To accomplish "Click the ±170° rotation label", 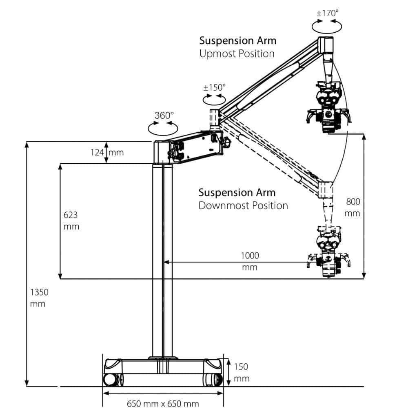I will tap(328, 13).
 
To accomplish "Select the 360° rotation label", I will tap(164, 115).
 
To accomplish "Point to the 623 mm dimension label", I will tap(71, 220).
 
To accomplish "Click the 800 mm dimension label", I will tap(353, 207).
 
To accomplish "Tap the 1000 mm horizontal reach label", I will tap(250, 261).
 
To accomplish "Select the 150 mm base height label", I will tap(241, 372).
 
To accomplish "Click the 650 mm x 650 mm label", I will tap(163, 404).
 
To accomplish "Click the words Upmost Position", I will tap(237, 53).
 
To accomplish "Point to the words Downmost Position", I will tap(243, 205).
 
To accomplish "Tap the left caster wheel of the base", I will tap(111, 379).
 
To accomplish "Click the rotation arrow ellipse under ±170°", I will tap(327, 26).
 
